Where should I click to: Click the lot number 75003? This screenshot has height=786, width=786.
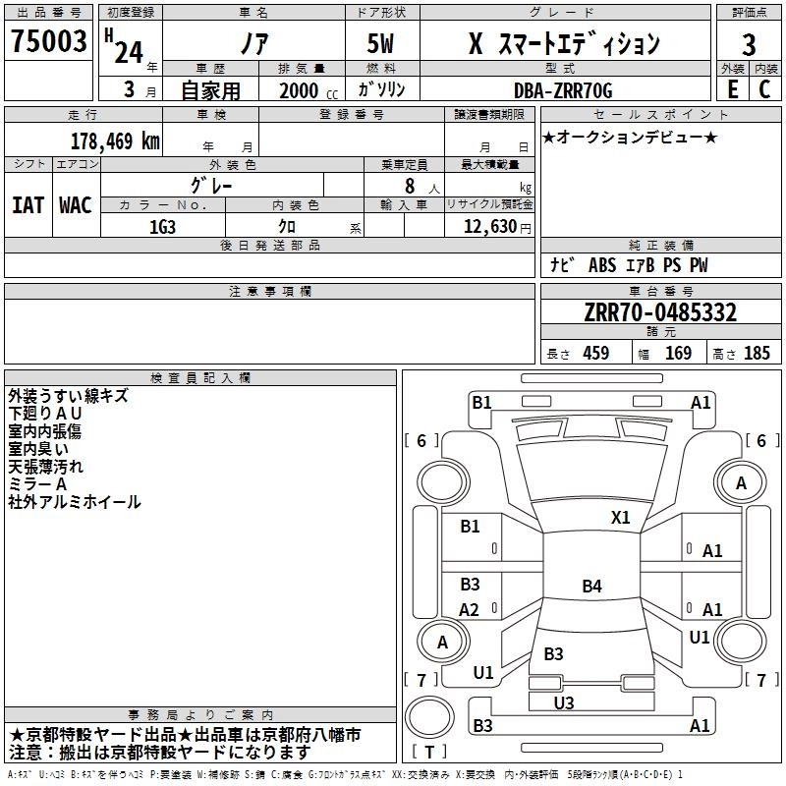(x=49, y=42)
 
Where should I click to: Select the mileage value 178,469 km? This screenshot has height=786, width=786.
(x=115, y=140)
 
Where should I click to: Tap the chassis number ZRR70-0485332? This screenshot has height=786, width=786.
(x=660, y=313)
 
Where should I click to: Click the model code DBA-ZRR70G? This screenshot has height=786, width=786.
(x=562, y=90)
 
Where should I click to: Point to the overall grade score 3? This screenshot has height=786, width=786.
(x=749, y=44)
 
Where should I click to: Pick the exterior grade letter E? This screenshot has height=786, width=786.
(x=731, y=89)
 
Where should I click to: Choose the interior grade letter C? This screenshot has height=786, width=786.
(x=764, y=89)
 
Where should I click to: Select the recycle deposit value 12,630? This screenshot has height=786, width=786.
(x=489, y=227)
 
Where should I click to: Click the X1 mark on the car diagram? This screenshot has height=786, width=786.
(x=620, y=517)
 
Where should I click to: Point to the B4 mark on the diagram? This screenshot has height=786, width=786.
(x=591, y=587)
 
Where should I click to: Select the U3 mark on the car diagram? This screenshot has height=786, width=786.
(x=563, y=702)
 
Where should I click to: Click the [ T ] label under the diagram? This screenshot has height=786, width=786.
(x=429, y=752)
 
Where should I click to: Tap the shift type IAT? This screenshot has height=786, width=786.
(x=28, y=204)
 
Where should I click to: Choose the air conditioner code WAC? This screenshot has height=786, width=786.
(x=75, y=204)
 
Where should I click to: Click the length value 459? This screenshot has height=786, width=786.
(x=595, y=354)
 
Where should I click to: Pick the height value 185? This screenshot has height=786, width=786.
(x=757, y=354)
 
